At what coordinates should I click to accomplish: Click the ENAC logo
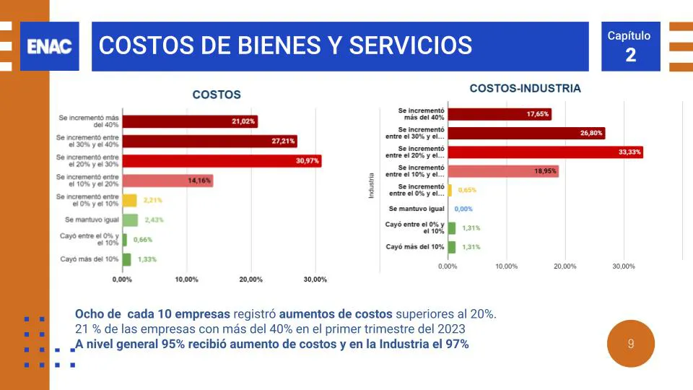coord(49,46)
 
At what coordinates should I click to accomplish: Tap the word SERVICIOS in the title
coord(411,45)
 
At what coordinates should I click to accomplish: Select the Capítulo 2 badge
coord(630,46)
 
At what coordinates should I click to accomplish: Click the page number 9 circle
coord(631,344)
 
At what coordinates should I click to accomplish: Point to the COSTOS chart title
coord(217,95)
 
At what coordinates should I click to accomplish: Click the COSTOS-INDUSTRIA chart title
coord(525,89)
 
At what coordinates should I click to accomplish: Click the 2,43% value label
coord(155,220)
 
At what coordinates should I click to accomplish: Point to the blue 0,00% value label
coord(463,209)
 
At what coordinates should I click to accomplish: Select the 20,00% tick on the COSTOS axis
coord(250,279)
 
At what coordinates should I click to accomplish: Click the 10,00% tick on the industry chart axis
coord(506,266)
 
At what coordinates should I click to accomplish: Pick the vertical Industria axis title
coord(371,186)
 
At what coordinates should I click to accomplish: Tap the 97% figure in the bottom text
coord(458,344)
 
